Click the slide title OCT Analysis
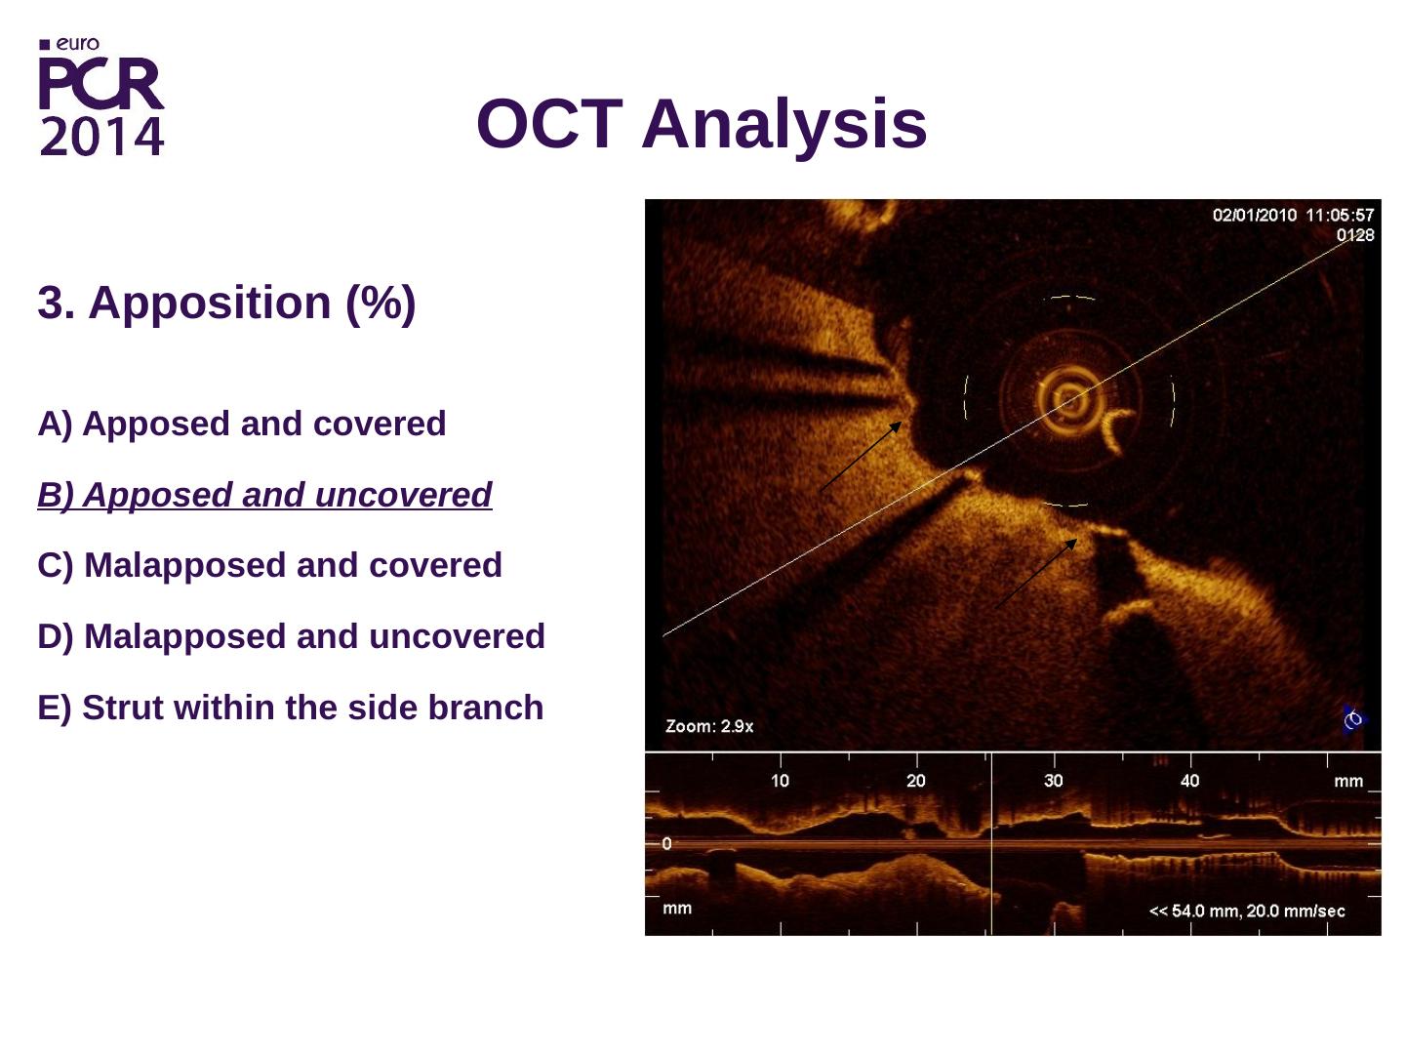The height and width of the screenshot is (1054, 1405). [x=702, y=124]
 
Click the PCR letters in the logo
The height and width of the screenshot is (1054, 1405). [x=101, y=84]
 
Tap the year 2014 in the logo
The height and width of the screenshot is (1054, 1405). [x=101, y=137]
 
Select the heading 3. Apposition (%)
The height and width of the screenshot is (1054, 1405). [x=226, y=303]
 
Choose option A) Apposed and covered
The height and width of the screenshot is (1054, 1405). [x=242, y=424]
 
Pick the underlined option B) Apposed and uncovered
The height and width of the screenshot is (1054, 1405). [x=264, y=495]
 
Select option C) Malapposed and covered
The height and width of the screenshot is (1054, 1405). [x=269, y=566]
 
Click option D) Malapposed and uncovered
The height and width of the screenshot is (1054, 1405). [x=291, y=636]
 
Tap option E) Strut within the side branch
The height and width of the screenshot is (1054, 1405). [x=291, y=708]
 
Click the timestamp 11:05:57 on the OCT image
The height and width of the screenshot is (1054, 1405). [x=1340, y=215]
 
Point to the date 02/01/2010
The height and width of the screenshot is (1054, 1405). [x=1255, y=215]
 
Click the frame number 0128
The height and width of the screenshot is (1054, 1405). [x=1355, y=235]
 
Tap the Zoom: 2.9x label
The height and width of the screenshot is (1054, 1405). [x=709, y=726]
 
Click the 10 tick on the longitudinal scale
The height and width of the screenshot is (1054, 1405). [x=780, y=781]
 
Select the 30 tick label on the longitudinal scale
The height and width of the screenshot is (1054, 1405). [x=1053, y=781]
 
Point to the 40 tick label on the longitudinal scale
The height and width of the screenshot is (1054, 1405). [x=1189, y=781]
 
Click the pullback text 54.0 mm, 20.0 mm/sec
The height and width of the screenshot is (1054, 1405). [x=1258, y=912]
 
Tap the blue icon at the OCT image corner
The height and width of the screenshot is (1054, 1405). [x=1354, y=720]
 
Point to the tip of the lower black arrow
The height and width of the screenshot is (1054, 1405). [x=1076, y=540]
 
